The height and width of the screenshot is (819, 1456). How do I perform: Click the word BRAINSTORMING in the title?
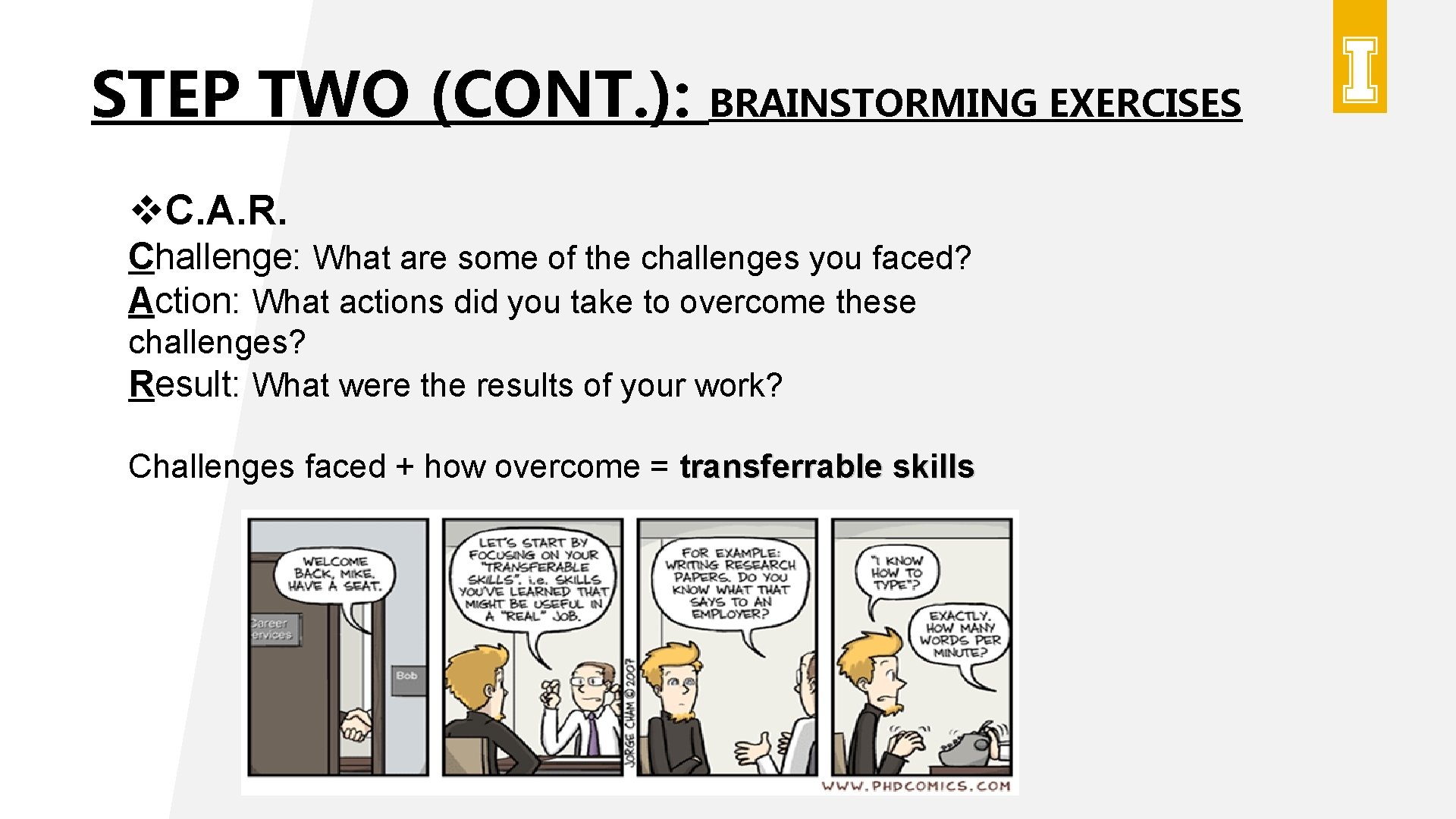[x=872, y=103]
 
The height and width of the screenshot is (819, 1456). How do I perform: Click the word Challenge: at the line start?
[x=214, y=258]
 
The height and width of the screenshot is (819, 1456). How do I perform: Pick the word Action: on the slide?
[x=184, y=301]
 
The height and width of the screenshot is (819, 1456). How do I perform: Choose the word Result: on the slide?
[x=184, y=384]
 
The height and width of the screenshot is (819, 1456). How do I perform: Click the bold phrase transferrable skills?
[x=827, y=466]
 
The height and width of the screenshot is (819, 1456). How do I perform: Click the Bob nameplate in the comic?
[x=406, y=676]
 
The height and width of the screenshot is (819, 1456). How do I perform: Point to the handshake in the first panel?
[x=355, y=723]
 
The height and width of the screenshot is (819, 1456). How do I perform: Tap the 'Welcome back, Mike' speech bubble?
[x=334, y=574]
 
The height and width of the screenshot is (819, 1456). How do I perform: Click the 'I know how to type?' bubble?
[x=896, y=573]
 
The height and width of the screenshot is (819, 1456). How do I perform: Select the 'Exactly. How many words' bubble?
[x=959, y=634]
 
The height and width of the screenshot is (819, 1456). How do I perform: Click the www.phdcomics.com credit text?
[x=916, y=786]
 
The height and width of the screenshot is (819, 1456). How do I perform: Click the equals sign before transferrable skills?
[x=659, y=466]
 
